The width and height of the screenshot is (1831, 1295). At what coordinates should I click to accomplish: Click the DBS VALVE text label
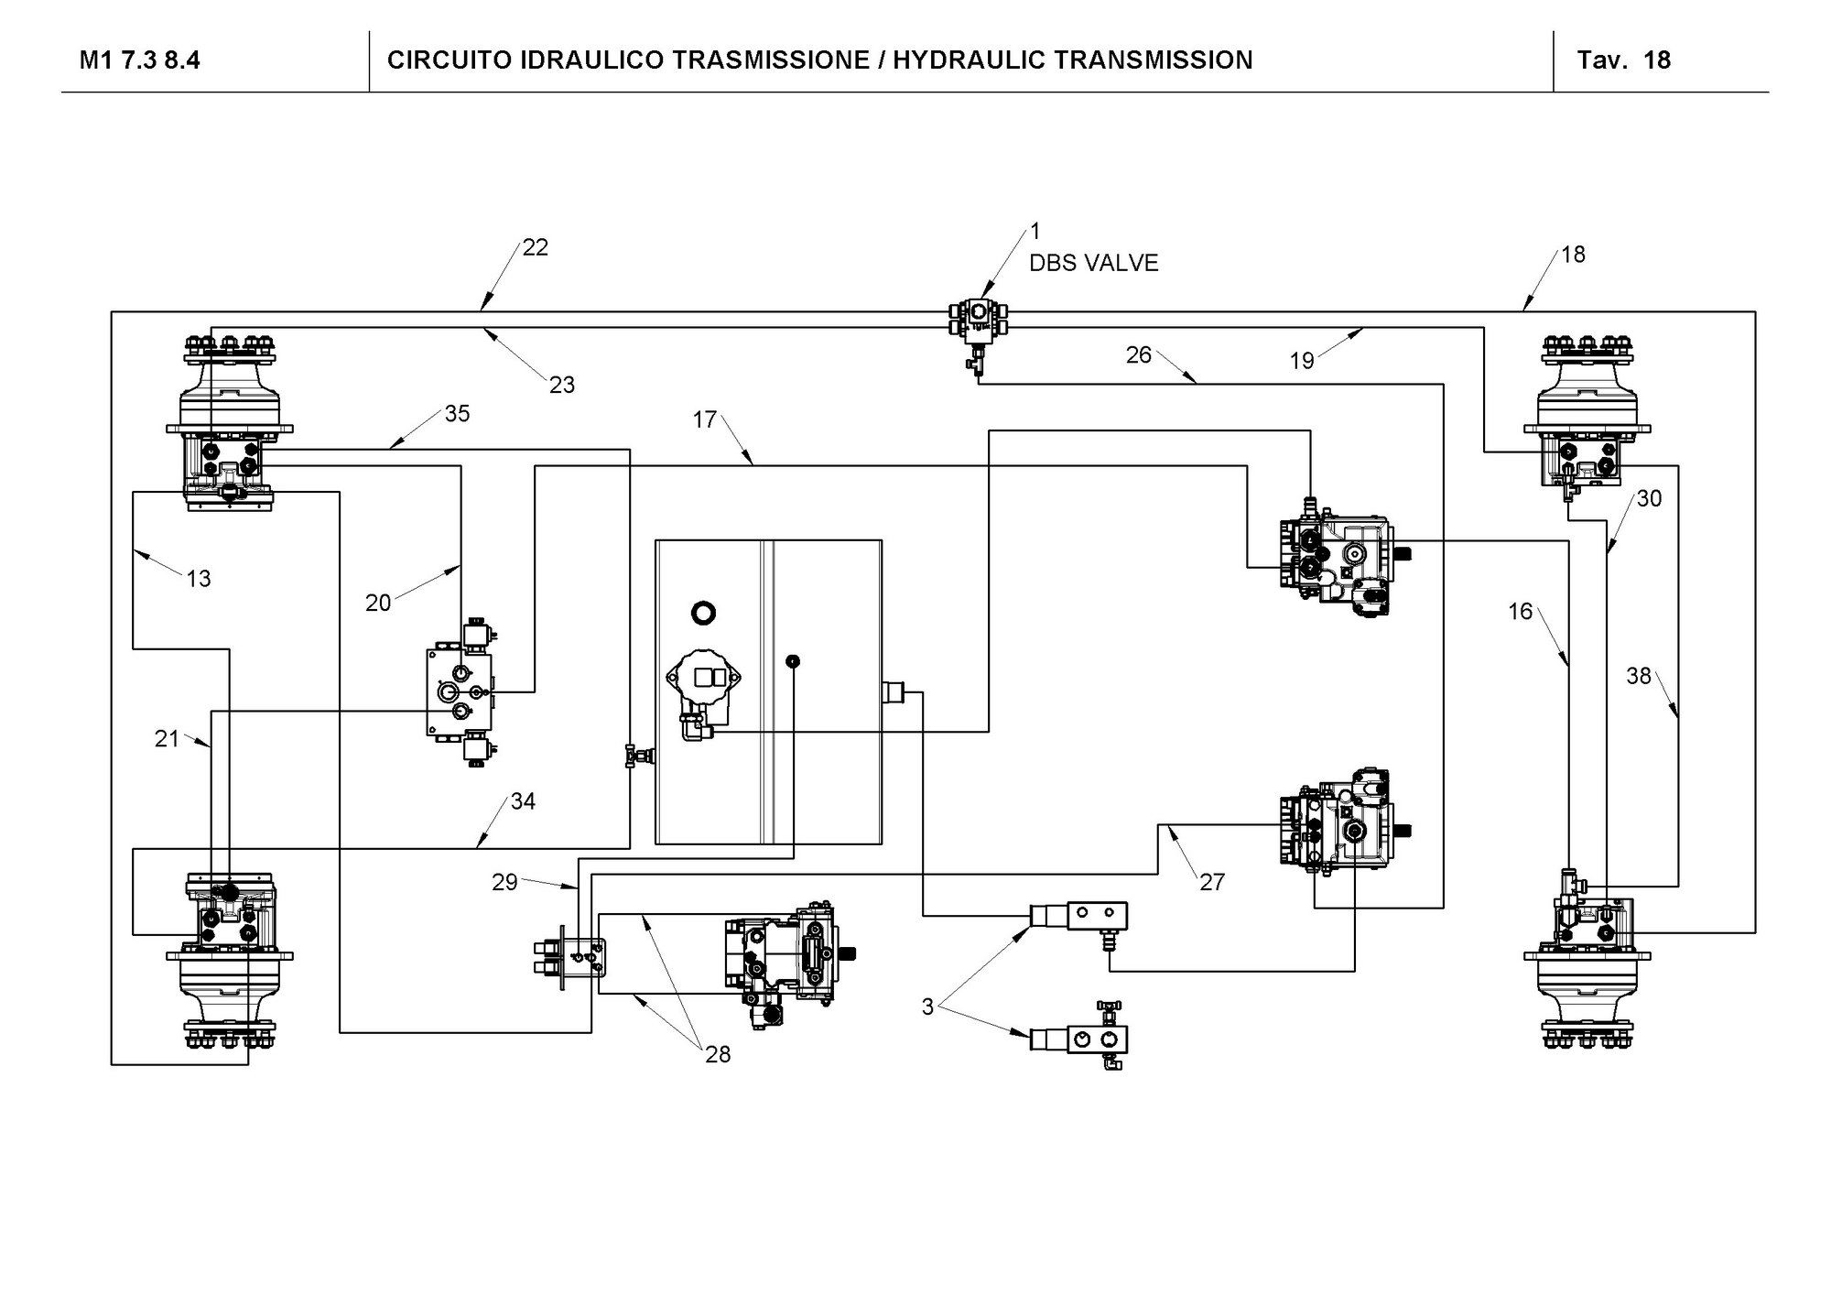tap(1093, 263)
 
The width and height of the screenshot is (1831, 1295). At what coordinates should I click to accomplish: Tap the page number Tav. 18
tap(1623, 60)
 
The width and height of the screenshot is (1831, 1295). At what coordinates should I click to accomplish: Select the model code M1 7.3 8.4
tap(139, 60)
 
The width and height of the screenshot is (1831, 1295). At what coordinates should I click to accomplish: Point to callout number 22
tap(535, 247)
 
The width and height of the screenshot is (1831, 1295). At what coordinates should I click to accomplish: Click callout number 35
tap(457, 414)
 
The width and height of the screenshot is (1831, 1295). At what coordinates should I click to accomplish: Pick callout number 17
tap(704, 419)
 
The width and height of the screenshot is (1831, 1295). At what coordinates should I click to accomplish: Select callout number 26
tap(1138, 355)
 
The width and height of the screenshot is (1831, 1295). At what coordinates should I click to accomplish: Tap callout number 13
tap(198, 579)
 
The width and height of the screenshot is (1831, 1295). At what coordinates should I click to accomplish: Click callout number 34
tap(523, 801)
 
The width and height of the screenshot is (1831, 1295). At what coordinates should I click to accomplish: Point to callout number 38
tap(1638, 676)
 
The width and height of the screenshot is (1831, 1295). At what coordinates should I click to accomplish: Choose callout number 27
tap(1211, 882)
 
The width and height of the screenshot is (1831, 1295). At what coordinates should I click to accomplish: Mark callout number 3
tap(927, 1007)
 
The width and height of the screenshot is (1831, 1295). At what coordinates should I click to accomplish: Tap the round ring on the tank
tap(703, 612)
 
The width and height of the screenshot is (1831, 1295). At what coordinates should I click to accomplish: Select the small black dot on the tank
tap(793, 660)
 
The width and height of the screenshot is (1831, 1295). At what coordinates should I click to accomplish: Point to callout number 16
tap(1520, 611)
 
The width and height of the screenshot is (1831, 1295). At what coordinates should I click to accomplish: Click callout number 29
tap(504, 882)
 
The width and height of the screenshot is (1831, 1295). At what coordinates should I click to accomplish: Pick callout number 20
tap(378, 603)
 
